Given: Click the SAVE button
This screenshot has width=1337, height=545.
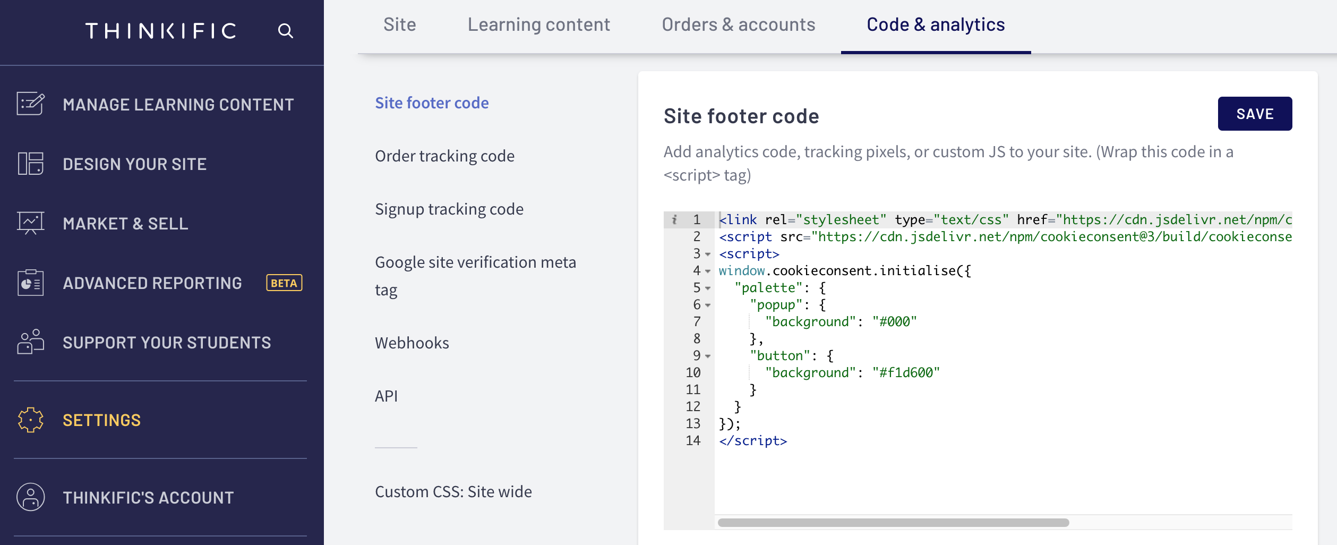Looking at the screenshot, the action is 1255,114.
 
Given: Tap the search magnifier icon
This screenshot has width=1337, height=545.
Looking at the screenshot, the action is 286,31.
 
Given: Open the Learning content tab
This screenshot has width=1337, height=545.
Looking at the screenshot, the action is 538,24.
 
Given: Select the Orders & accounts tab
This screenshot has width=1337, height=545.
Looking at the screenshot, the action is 738,24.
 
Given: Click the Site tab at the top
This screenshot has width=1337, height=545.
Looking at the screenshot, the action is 400,24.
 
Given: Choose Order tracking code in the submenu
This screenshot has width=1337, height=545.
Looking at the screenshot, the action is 444,156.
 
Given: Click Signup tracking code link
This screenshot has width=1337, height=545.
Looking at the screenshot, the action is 449,209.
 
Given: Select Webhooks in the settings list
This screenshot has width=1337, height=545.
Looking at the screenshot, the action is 412,343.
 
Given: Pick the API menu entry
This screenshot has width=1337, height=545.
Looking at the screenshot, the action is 386,396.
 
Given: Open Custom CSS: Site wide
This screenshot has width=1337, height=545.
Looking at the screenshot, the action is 453,492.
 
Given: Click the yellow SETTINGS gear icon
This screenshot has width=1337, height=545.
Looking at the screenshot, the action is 31,420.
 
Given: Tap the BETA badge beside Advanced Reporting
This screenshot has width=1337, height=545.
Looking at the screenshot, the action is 284,283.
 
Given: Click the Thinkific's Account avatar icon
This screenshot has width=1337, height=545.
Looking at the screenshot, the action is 31,497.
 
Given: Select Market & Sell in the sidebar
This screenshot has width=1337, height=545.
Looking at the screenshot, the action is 125,224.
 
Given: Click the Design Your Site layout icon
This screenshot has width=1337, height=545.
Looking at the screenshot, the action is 31,164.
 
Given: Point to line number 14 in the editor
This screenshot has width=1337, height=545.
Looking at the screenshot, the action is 693,440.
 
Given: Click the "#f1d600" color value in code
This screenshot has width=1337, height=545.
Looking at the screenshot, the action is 906,372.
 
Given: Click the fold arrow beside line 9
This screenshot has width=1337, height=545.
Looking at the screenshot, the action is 708,356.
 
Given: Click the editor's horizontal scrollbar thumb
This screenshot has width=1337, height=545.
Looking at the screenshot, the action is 893,523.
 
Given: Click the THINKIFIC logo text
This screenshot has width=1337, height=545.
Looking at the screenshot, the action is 161,31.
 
